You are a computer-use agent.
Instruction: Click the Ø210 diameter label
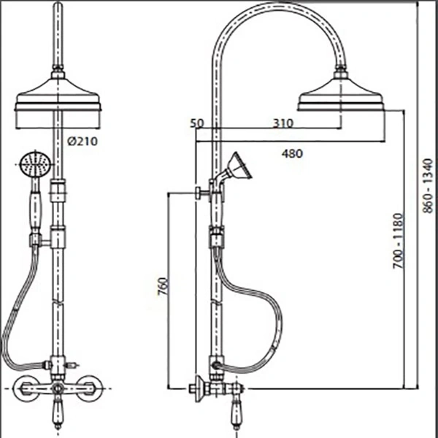82,142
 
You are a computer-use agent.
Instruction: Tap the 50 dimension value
197,123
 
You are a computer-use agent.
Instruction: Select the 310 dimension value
283,123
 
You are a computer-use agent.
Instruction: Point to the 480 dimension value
292,153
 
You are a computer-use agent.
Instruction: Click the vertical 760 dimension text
164,286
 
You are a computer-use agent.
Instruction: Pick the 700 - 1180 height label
399,241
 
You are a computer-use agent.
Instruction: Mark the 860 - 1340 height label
427,185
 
